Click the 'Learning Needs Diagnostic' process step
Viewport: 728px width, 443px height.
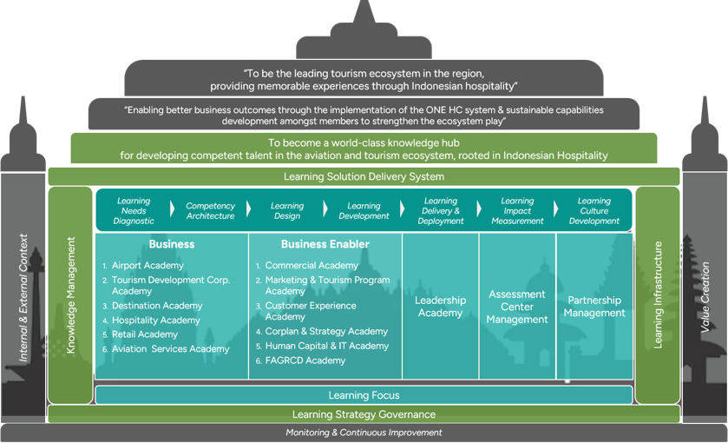134,210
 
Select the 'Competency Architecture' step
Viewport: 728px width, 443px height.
210,210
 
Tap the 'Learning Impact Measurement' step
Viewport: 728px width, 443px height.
517,210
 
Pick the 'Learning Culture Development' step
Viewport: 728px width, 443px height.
594,210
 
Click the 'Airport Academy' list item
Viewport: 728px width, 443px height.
148,266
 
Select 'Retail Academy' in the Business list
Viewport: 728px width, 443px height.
144,334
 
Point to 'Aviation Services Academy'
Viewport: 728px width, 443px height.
170,348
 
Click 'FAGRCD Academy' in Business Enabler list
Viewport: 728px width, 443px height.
305,360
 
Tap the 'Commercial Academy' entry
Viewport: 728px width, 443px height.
312,266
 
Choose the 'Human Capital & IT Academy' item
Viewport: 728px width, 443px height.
327,346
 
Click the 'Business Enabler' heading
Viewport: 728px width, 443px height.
325,244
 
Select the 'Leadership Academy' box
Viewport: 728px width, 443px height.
440,307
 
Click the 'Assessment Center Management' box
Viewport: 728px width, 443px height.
517,307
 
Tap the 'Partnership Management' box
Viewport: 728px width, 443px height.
594,307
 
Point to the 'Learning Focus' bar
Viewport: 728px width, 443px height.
364,395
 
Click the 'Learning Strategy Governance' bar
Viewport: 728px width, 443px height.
364,414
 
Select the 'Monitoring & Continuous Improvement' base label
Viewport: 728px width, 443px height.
364,433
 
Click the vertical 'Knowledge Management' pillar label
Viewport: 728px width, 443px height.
70,295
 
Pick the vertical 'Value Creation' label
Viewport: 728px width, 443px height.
705,297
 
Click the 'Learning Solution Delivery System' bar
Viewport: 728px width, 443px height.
364,176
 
